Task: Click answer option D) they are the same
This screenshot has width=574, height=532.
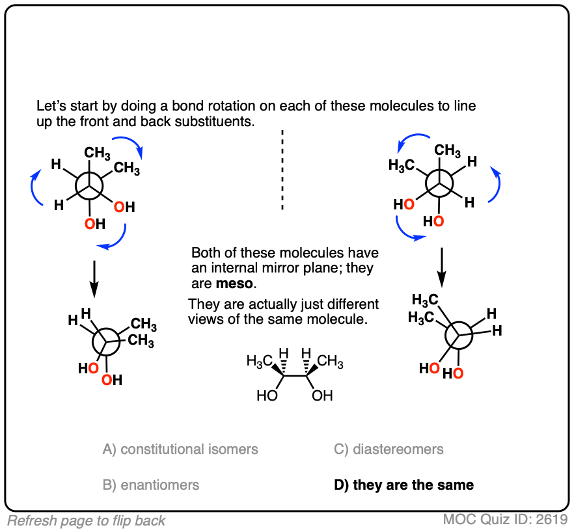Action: [404, 485]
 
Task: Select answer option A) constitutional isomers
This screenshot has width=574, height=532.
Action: [180, 449]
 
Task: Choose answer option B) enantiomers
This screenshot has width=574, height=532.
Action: [151, 485]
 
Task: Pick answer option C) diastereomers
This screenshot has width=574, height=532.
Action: [389, 449]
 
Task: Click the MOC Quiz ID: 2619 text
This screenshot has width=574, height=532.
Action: [506, 520]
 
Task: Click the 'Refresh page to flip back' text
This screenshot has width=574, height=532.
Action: [87, 520]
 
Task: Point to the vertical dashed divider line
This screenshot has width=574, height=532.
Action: [282, 169]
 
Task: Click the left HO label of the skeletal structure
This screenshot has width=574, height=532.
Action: [266, 395]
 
